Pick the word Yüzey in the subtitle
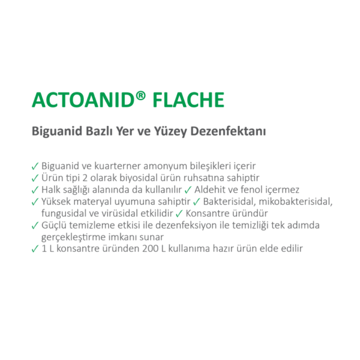(169, 130)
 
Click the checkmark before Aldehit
(188, 189)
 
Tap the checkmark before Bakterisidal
(197, 201)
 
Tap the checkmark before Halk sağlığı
(34, 189)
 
